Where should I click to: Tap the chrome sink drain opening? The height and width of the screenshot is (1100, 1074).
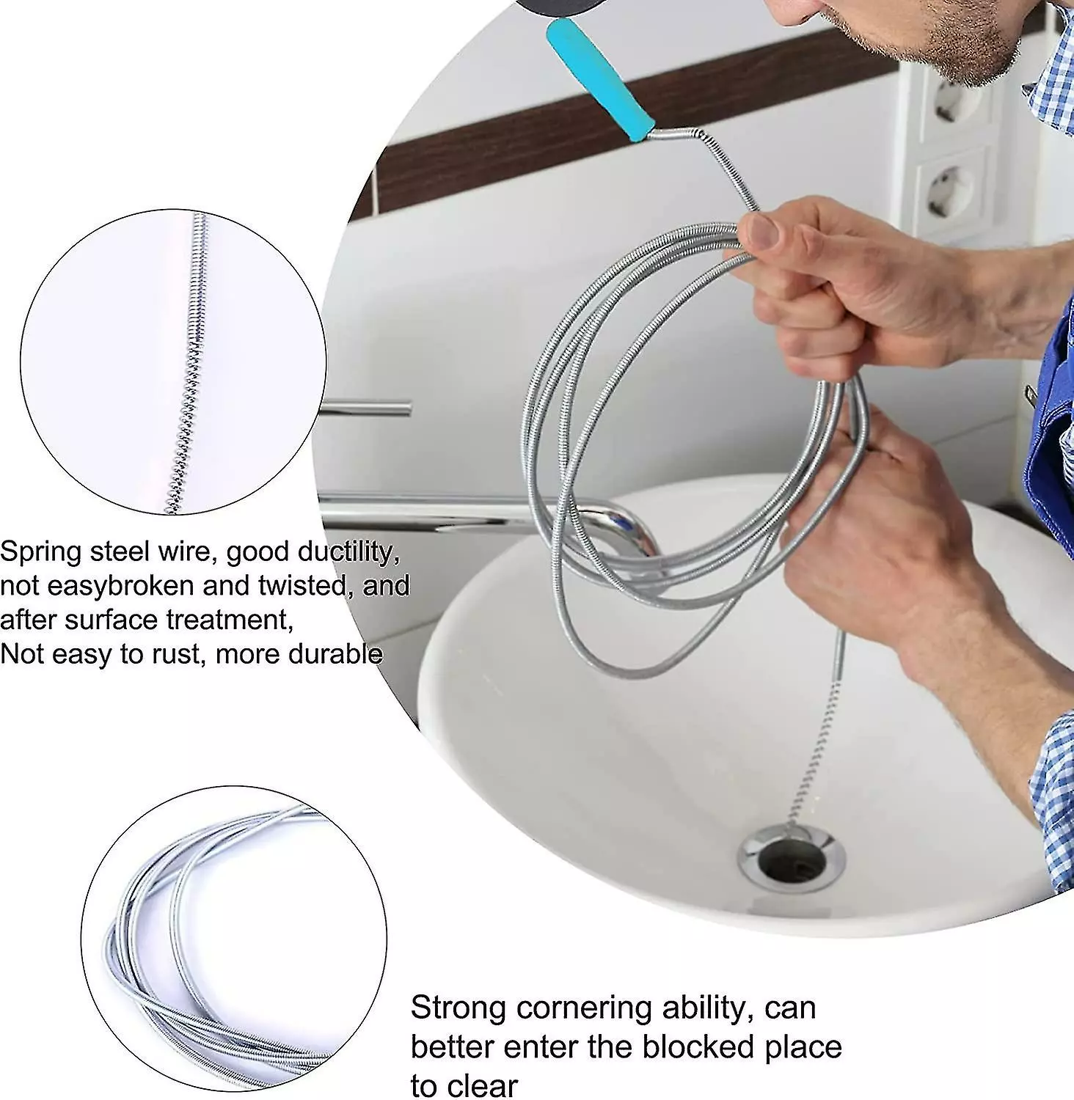pos(792,858)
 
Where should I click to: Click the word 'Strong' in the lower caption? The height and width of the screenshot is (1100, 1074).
pos(458,1009)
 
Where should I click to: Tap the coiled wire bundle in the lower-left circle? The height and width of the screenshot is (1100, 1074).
pos(220,946)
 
